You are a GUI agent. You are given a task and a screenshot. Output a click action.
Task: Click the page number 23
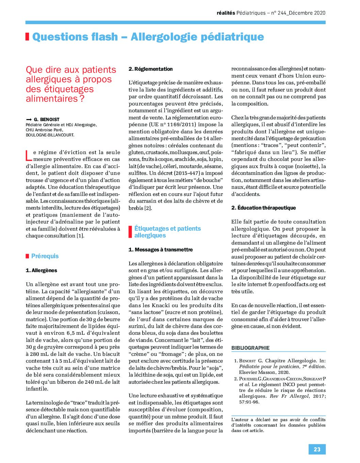317,449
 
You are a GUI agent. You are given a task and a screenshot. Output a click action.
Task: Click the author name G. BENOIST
47,119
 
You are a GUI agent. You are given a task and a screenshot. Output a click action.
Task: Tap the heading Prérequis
45,256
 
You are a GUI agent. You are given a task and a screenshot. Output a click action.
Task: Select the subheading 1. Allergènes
42,270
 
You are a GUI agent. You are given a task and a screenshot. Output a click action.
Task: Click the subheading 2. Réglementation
150,69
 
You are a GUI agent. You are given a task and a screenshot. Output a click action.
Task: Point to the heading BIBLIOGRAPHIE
250,348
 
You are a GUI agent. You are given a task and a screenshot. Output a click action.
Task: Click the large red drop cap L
29,155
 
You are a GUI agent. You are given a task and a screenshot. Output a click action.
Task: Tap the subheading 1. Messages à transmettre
161,250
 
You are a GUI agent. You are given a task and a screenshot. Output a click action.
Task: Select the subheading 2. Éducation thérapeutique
263,208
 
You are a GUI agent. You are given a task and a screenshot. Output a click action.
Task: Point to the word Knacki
161,305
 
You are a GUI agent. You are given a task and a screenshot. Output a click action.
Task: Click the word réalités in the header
226,13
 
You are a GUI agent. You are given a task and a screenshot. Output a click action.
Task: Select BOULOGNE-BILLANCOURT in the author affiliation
50,135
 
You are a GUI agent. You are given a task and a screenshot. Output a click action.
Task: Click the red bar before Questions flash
27,37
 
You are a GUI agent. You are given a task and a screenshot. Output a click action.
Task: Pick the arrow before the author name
29,119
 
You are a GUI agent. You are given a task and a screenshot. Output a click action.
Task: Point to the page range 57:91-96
249,402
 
